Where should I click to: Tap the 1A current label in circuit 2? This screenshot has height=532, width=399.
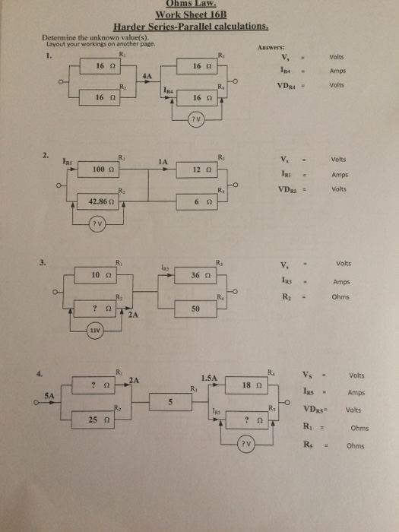click(162, 161)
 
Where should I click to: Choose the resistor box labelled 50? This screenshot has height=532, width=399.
click(196, 309)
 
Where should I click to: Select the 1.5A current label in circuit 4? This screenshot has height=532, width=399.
click(209, 377)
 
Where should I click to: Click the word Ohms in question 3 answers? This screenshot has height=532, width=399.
click(340, 297)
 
